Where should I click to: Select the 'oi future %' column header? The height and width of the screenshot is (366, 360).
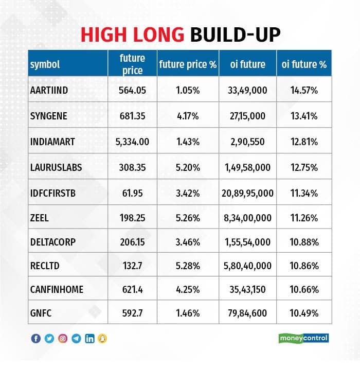(304, 64)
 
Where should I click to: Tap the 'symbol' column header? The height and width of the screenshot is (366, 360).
(45, 64)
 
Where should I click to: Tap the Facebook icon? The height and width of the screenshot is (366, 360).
(36, 339)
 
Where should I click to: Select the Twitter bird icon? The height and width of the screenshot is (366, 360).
(49, 339)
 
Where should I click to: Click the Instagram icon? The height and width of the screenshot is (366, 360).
(63, 339)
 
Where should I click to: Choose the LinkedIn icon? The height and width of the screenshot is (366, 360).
(90, 339)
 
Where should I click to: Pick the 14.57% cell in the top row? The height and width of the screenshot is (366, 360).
(304, 90)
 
